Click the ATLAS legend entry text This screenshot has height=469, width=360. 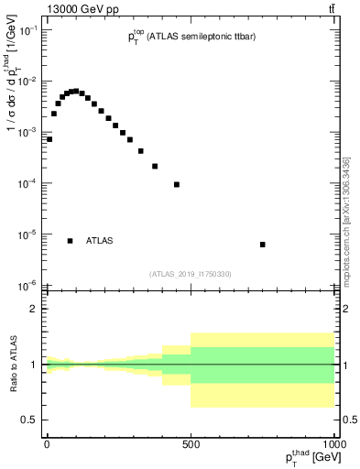100,241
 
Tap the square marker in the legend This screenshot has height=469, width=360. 70,241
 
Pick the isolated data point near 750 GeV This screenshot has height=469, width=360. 263,245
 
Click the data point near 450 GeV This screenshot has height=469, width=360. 177,184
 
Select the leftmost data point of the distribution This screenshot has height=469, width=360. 49,139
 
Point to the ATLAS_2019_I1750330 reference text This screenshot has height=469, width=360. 191,274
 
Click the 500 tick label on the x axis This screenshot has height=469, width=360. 191,443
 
